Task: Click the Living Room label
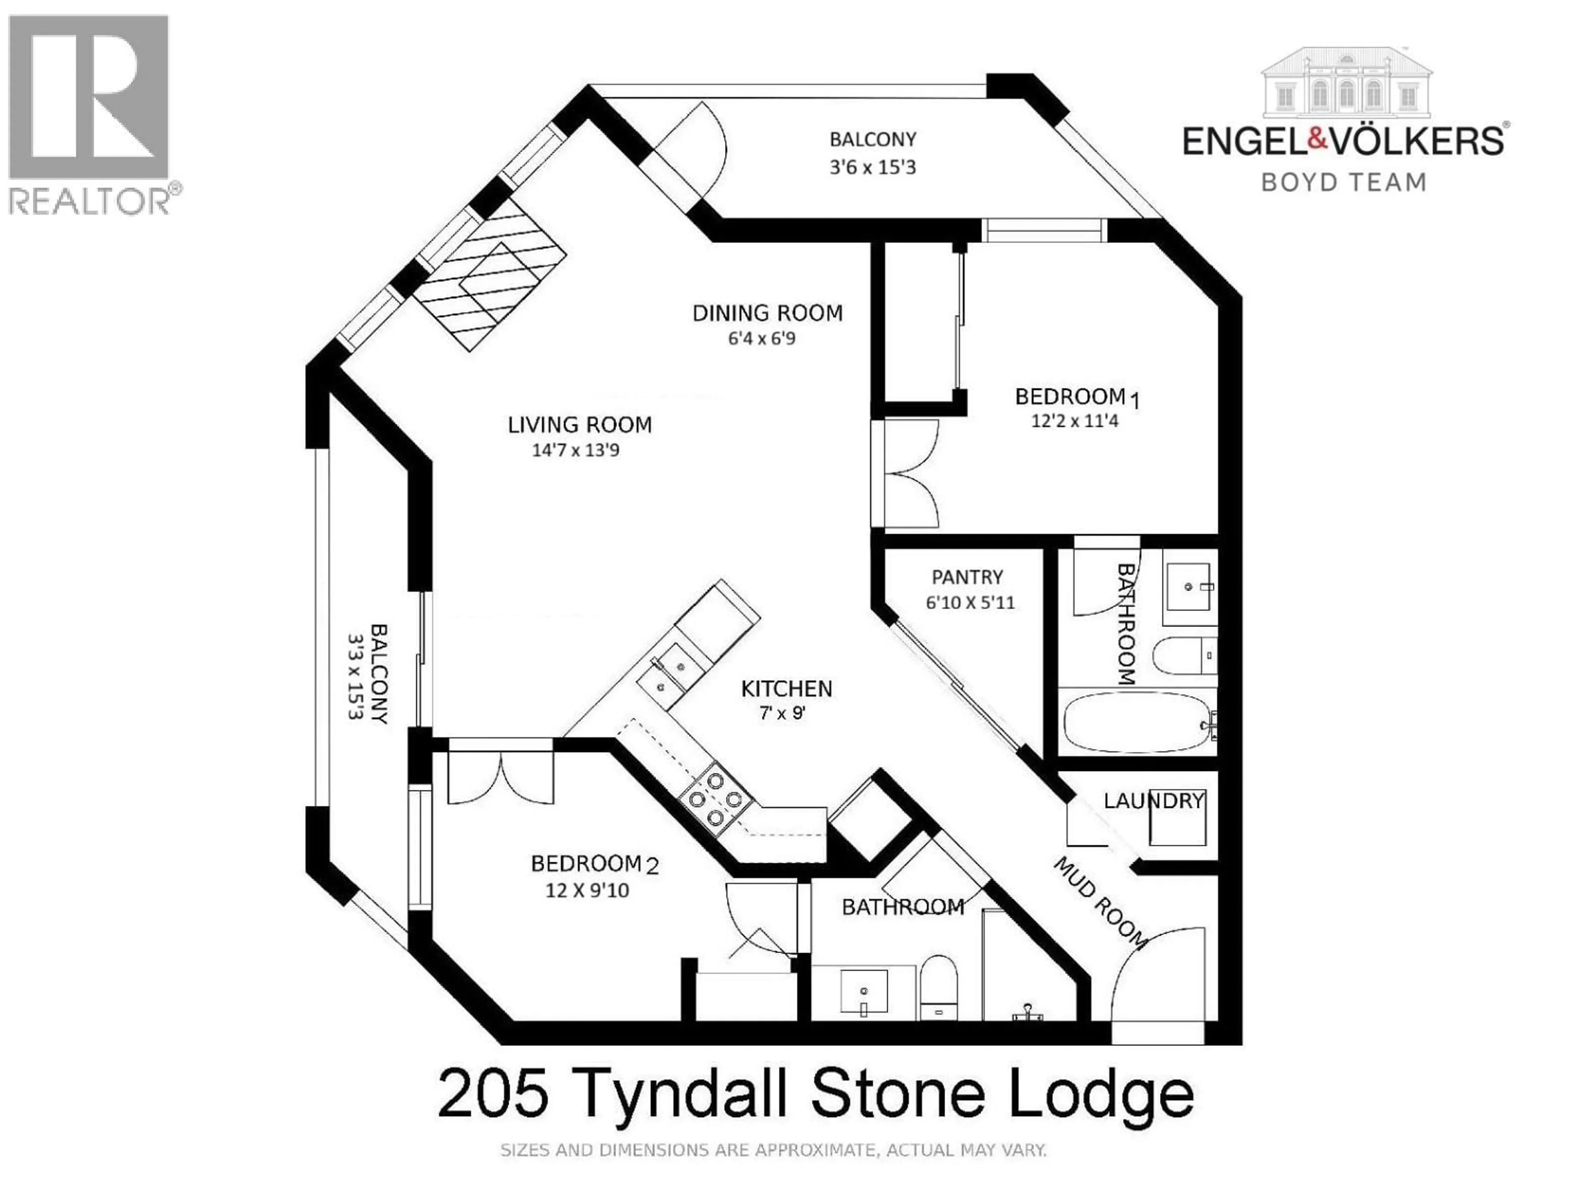click(579, 424)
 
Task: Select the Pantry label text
click(967, 577)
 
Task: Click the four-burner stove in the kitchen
click(714, 799)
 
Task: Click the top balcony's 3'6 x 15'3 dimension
click(872, 167)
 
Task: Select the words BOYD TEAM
click(1343, 182)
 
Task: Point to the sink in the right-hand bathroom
click(1190, 586)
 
